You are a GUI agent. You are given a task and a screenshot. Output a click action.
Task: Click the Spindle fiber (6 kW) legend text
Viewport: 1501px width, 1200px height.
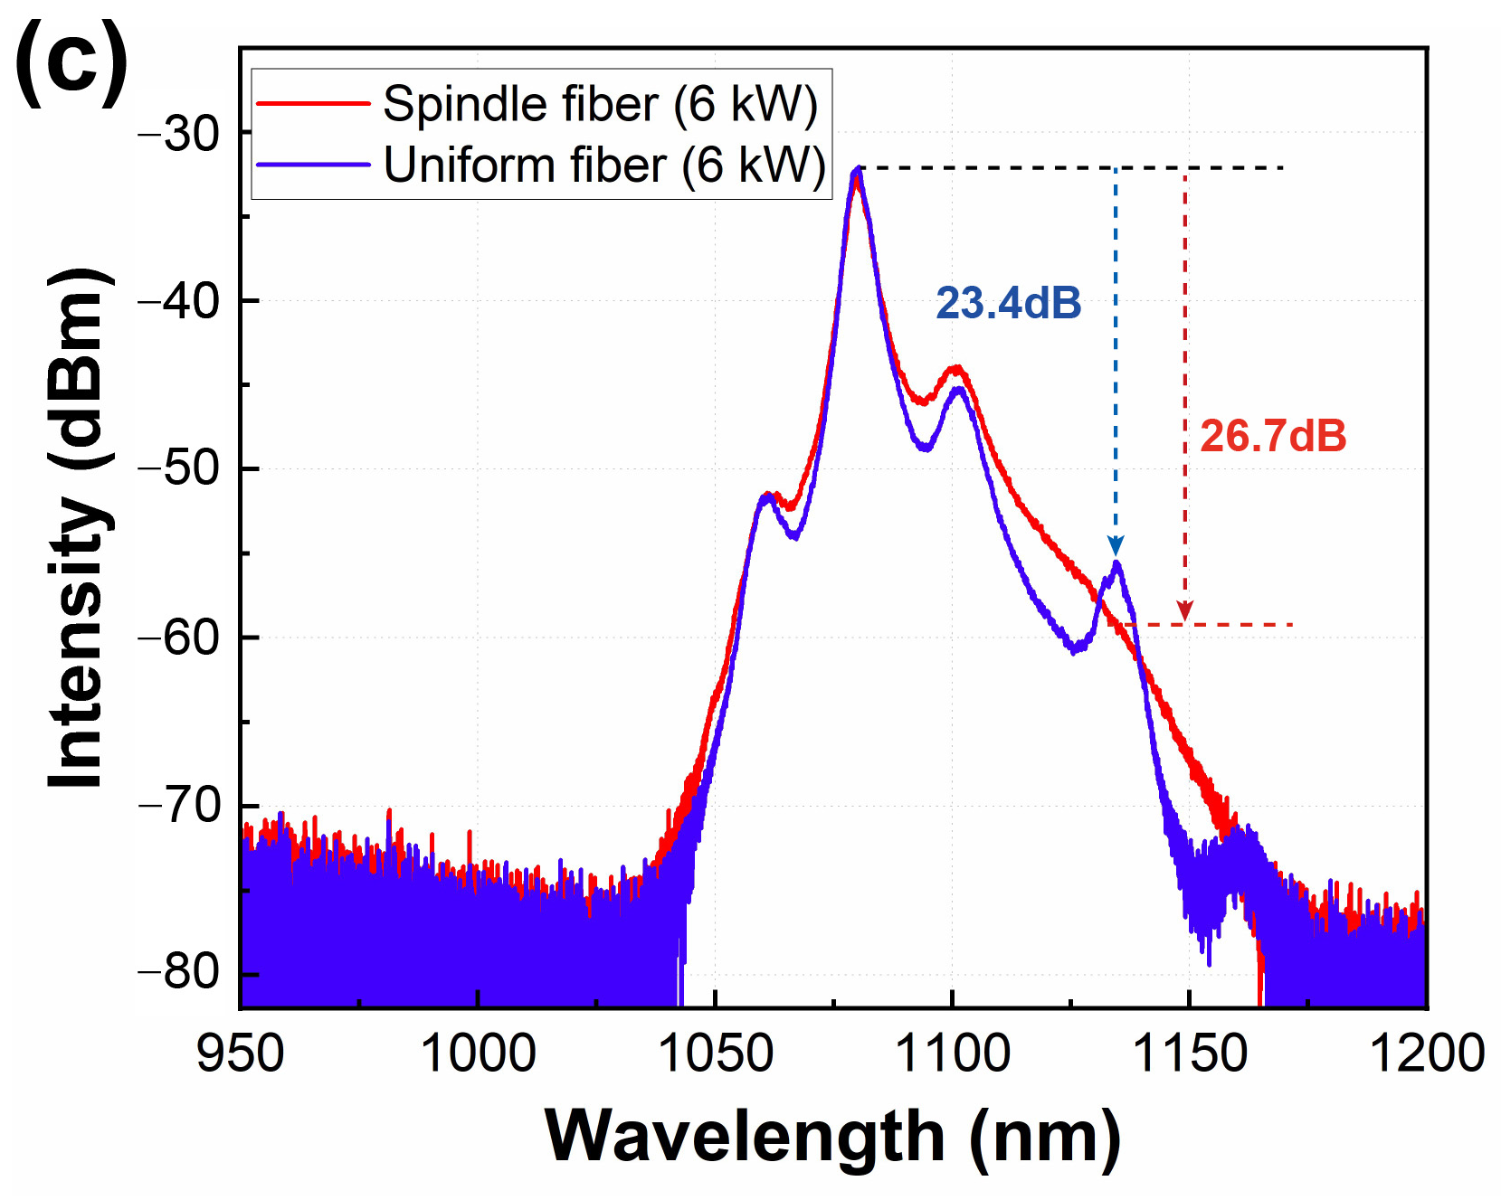coord(600,104)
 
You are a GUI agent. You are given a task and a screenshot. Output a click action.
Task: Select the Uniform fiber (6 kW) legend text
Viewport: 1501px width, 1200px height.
coord(604,165)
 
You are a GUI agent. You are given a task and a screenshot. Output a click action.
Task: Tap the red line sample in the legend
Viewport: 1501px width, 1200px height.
coord(313,104)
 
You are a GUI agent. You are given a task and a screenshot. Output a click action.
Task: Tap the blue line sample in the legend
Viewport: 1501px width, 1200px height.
coord(313,165)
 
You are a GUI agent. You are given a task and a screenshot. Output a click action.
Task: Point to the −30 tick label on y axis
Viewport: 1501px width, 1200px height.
coord(178,134)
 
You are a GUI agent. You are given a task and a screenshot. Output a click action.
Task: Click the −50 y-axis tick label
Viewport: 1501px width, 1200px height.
coord(178,469)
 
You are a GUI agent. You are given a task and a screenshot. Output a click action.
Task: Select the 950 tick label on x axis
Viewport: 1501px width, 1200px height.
coord(241,1054)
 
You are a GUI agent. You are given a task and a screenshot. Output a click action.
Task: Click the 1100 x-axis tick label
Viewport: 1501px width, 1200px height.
coord(952,1054)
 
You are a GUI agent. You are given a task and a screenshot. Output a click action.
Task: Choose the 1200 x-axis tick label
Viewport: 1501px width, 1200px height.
coord(1426,1054)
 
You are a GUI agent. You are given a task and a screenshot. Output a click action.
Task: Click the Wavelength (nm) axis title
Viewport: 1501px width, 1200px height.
coord(832,1137)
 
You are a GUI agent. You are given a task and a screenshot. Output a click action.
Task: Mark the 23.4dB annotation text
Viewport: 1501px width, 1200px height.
coord(1008,303)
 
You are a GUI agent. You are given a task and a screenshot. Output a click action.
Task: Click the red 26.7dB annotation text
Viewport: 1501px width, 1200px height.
coord(1272,437)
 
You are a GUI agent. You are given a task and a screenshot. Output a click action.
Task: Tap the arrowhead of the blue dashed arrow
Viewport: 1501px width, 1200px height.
coord(1116,546)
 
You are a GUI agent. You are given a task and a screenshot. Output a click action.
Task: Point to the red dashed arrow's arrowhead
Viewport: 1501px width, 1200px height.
coord(1185,612)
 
